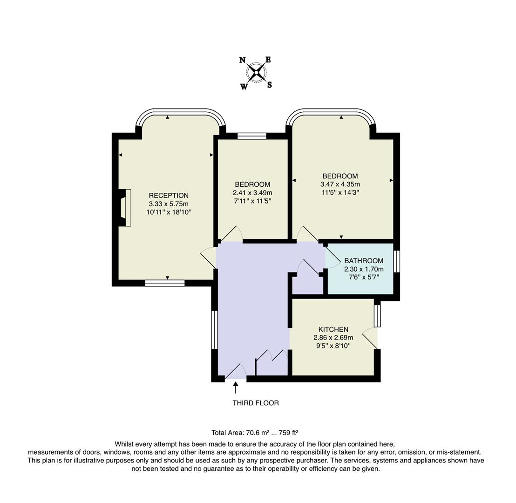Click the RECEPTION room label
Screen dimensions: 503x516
(169, 196)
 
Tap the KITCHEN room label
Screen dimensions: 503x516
(333, 329)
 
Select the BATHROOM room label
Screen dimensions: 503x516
(364, 261)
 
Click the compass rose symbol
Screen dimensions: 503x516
(256, 73)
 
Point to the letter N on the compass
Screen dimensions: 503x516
(242, 60)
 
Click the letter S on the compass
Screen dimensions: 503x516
(270, 85)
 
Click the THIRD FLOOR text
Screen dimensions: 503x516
(256, 403)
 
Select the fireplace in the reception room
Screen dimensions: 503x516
(125, 208)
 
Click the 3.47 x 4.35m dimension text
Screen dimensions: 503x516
(340, 184)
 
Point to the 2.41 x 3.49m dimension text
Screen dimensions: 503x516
(252, 193)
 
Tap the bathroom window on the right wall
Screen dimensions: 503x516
(396, 261)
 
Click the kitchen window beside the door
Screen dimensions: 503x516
(377, 315)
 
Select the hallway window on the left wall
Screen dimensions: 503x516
(214, 330)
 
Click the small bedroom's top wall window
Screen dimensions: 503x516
(251, 136)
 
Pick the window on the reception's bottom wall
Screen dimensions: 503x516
(164, 283)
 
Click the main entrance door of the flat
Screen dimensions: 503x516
(236, 373)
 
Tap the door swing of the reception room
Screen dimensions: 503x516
(208, 258)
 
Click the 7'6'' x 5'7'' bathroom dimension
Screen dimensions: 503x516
(364, 277)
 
